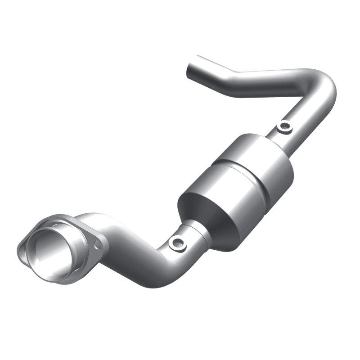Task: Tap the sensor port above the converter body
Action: pyautogui.click(x=284, y=127)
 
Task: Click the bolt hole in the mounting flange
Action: pyautogui.click(x=97, y=243)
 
